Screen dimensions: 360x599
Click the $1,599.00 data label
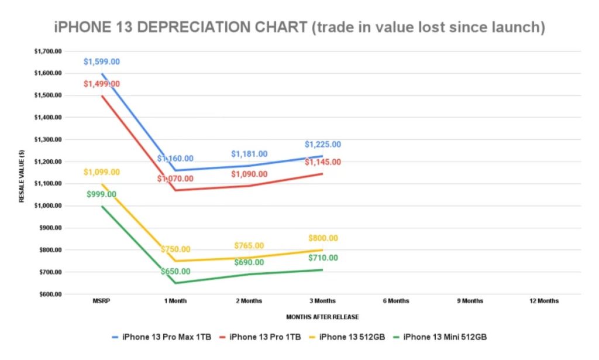102,61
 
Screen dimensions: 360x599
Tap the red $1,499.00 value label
102,84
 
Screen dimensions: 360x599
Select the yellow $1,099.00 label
102,172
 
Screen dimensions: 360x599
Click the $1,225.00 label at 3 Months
322,145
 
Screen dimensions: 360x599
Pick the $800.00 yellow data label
322,238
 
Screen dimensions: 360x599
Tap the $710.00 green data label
322,258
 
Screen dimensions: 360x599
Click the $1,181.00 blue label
249,154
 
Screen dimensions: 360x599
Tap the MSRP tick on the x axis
101,301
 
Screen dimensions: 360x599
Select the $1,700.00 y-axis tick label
48,51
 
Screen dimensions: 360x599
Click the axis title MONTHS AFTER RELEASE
322,317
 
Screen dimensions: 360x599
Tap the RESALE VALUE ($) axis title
22,173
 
